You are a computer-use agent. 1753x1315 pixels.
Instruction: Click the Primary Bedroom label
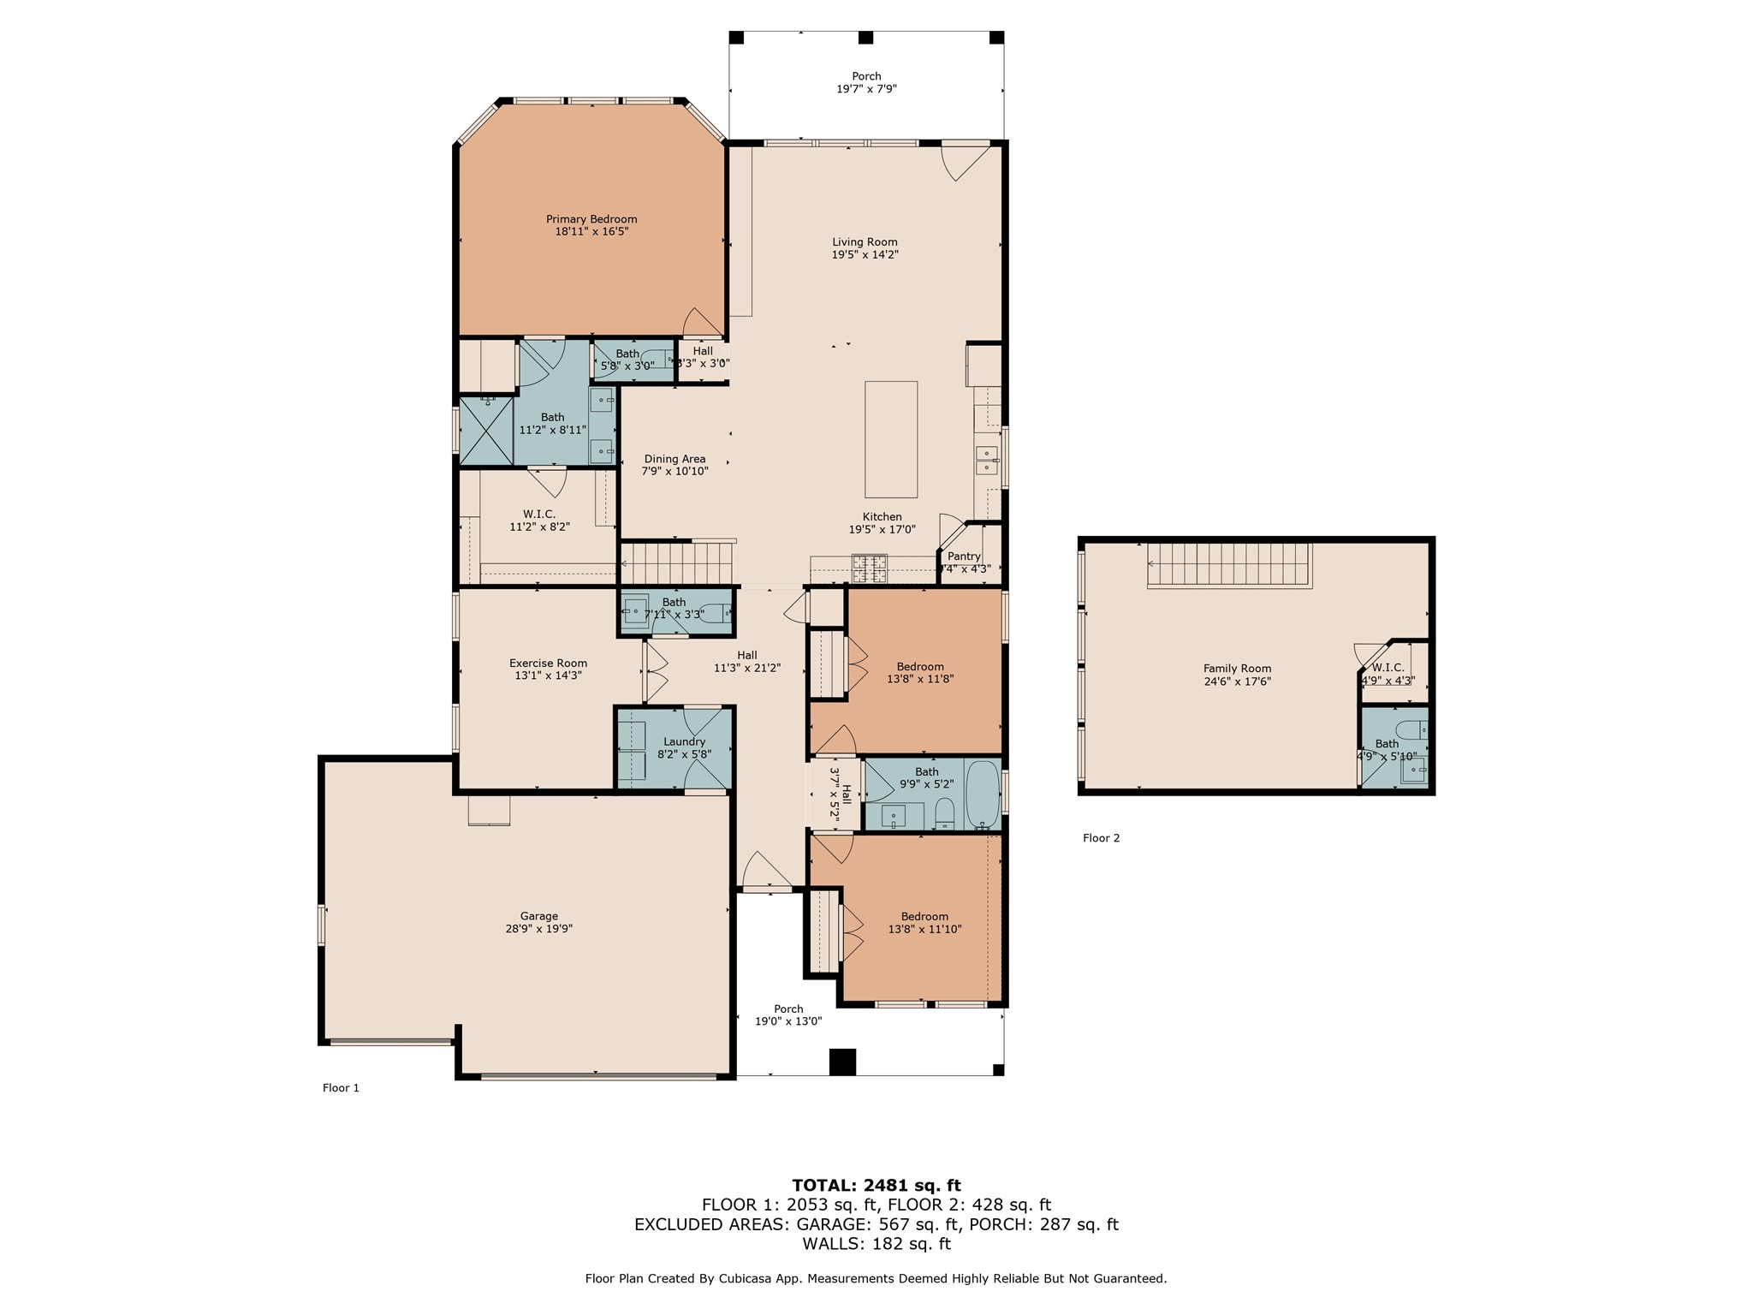(x=591, y=219)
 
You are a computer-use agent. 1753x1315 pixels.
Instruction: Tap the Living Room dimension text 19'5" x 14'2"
(x=865, y=255)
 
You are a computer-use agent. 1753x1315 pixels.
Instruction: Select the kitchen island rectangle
(x=890, y=439)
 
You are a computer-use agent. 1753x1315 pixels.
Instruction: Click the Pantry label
(x=964, y=556)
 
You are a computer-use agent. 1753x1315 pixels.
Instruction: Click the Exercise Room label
(x=548, y=663)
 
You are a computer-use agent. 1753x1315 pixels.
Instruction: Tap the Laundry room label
(x=684, y=741)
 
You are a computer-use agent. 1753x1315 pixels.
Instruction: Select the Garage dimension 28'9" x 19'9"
(x=538, y=929)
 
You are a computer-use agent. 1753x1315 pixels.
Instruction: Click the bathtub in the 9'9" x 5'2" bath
(x=983, y=794)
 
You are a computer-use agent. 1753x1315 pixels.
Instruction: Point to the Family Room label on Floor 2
(x=1237, y=669)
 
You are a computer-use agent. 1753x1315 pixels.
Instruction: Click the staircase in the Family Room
(x=1229, y=565)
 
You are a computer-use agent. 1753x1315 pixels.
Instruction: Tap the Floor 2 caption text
(x=1101, y=838)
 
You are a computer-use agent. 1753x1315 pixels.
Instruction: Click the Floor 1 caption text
(x=341, y=1088)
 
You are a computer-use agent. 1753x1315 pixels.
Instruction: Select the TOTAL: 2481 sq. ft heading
(x=876, y=1186)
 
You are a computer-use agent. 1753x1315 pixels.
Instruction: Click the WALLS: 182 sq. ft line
(x=876, y=1244)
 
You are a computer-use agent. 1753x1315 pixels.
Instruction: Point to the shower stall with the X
(x=485, y=431)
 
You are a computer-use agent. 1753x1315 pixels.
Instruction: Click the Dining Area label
(x=674, y=459)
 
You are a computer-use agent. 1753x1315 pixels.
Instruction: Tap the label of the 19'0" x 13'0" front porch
(x=788, y=1009)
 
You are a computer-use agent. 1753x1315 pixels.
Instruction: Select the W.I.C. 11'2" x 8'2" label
(x=539, y=515)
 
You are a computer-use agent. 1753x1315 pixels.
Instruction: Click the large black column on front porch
(x=842, y=1062)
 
